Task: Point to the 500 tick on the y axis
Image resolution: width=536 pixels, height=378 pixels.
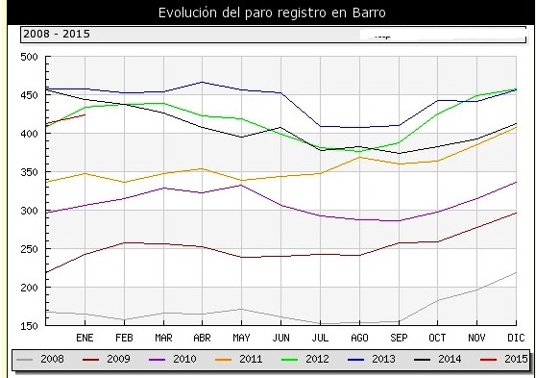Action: tap(29, 57)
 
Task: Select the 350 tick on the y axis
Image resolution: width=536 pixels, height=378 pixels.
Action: tap(29, 172)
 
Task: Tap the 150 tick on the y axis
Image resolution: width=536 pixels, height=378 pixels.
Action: tap(29, 326)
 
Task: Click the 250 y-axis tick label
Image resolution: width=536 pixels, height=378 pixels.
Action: tap(29, 249)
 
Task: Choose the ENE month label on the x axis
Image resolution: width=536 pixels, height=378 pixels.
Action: tap(85, 339)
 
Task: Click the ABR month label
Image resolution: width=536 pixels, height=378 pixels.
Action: tap(202, 339)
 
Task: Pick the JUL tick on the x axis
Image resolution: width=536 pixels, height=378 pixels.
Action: tap(321, 339)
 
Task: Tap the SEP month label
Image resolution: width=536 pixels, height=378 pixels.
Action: tap(399, 339)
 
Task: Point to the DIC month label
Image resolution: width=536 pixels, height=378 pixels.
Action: tap(517, 339)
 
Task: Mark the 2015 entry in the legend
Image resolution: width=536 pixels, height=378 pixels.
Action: tap(507, 361)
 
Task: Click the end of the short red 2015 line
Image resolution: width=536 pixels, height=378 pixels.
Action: tap(85, 114)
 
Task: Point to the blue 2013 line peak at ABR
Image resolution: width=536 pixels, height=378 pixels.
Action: tap(202, 82)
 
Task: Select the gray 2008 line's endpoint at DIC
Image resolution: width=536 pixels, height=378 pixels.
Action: tap(517, 272)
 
